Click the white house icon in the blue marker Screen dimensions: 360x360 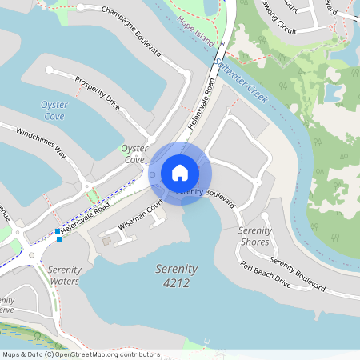pos(180,173)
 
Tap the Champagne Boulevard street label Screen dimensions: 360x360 pos(131,31)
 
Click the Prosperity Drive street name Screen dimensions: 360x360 pos(97,93)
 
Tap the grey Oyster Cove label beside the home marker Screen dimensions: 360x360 pos(134,154)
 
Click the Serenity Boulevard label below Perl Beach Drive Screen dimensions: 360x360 pos(297,274)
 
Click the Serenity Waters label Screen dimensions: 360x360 pos(64,275)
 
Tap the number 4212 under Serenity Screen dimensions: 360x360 pos(176,283)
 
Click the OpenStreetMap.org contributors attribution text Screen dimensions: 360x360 pos(107,354)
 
